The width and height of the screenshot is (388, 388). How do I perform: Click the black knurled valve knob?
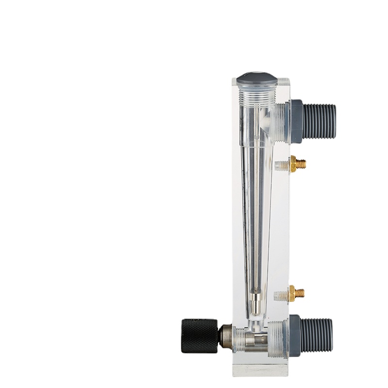[x=199, y=336]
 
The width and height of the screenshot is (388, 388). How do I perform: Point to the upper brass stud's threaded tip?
[x=301, y=164]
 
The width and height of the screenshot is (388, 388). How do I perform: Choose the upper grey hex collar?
[x=296, y=121]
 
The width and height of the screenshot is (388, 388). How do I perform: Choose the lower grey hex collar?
[x=294, y=335]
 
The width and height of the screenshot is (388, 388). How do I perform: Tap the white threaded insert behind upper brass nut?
[x=282, y=166]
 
